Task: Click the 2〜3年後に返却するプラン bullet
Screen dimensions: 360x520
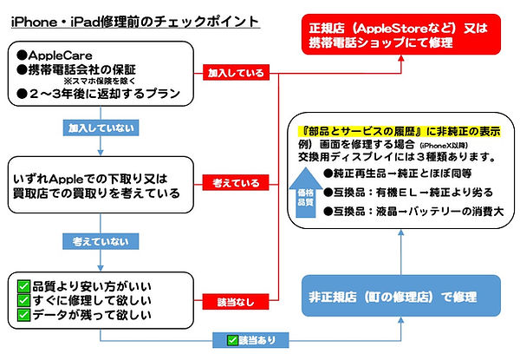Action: tap(101, 95)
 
